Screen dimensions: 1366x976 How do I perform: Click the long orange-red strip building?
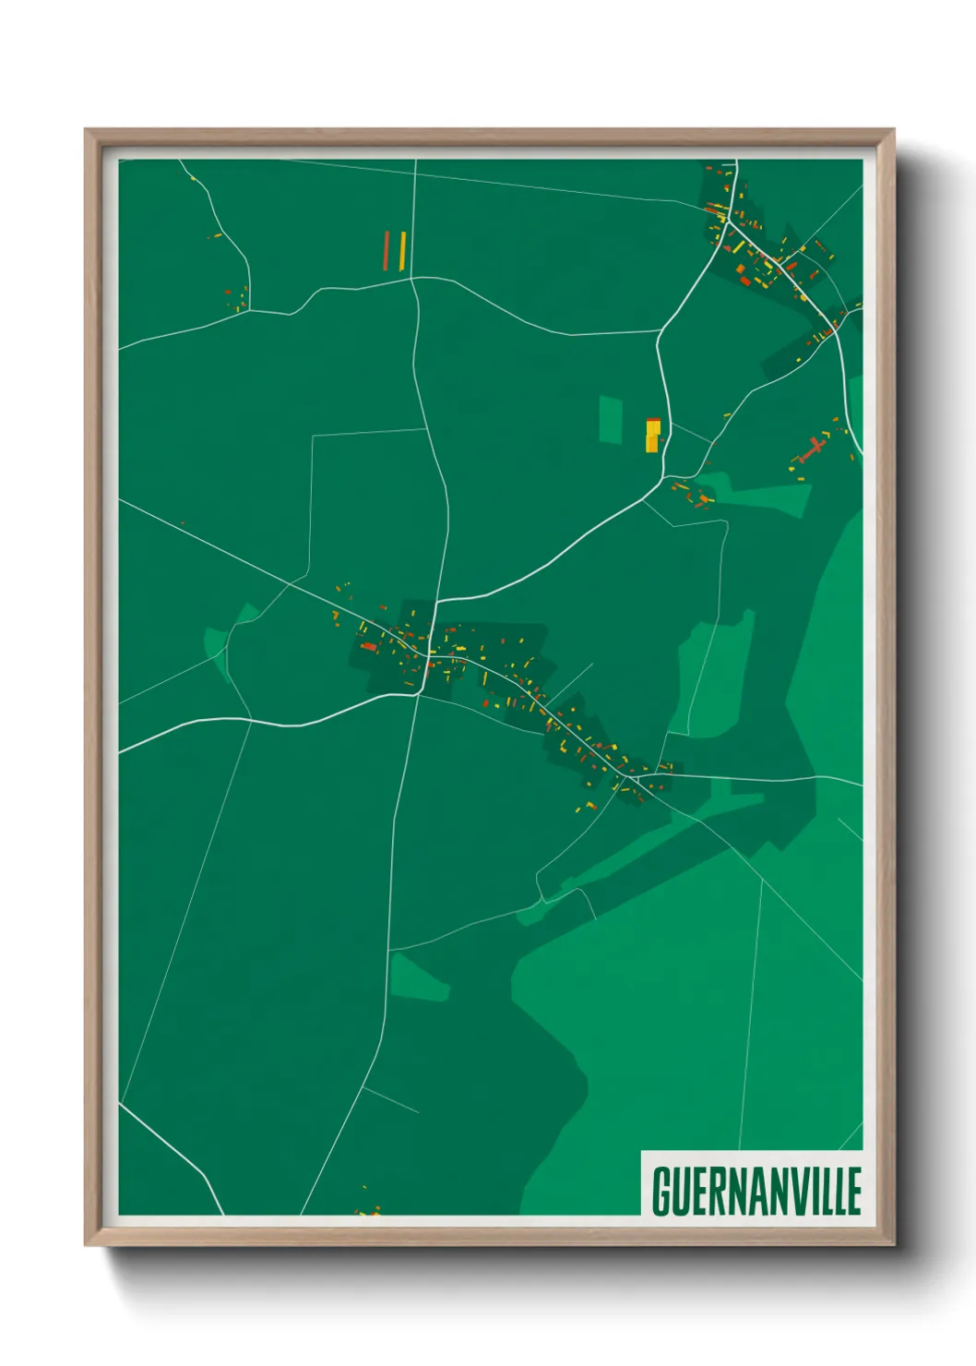pos(387,249)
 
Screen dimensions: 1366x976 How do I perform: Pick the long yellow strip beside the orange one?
pos(403,249)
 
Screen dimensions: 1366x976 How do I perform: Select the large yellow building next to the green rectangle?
pos(652,435)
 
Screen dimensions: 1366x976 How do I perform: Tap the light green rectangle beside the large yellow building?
pos(611,419)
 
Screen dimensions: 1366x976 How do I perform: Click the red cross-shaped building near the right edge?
pos(811,450)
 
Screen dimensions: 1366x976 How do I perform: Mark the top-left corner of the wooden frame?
pos(87,131)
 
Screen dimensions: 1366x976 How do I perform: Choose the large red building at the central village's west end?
pos(369,647)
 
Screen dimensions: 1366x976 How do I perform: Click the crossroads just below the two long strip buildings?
pos(412,279)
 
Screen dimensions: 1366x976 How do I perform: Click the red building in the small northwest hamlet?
pos(228,292)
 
